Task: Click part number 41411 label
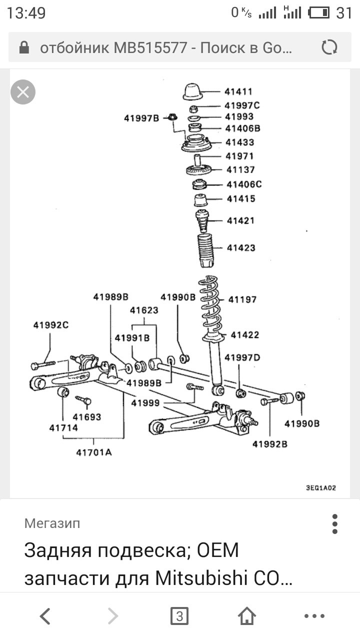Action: click(238, 92)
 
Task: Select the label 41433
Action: click(239, 142)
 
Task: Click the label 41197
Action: click(242, 299)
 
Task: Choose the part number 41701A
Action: click(94, 452)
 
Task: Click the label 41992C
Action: click(50, 325)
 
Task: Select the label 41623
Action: click(144, 310)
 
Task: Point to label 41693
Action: click(86, 417)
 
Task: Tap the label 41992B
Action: click(269, 443)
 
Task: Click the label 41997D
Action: click(242, 358)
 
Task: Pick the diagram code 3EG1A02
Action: click(320, 488)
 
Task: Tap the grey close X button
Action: click(23, 92)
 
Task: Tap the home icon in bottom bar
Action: click(247, 616)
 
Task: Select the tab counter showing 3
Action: click(179, 616)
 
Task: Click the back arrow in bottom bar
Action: click(45, 616)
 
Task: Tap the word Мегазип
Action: click(52, 523)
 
